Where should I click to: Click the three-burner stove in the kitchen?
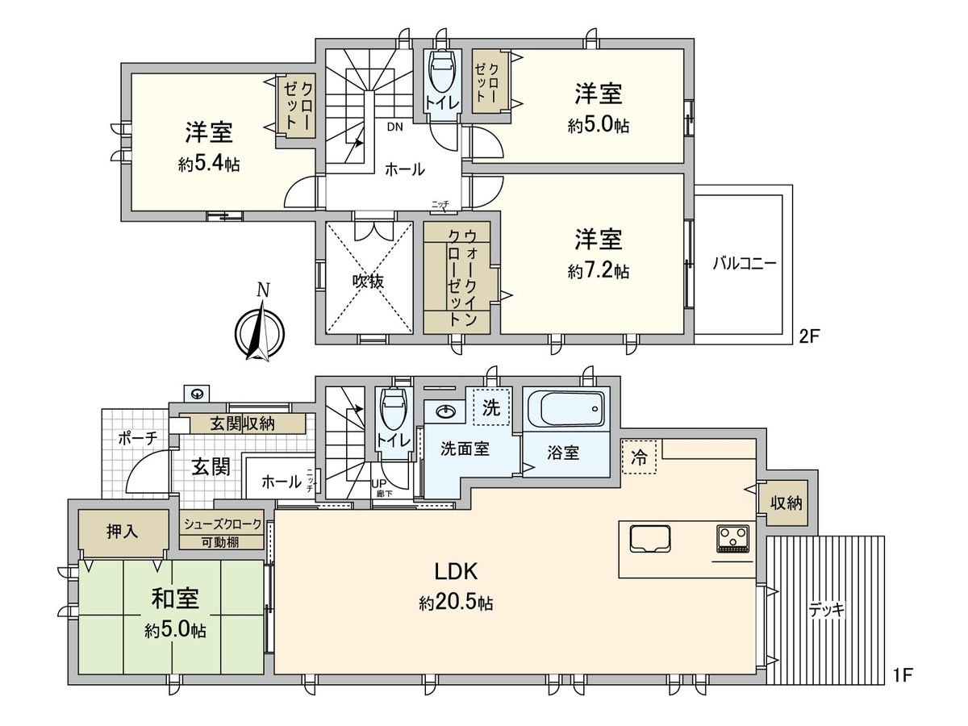733,537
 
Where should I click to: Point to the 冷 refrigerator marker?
639,457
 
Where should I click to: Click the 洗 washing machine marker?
490,408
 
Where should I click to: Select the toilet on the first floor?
393,411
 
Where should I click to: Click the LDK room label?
457,572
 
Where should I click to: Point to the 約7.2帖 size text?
598,273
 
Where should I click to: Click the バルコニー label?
744,263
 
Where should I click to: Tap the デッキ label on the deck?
826,610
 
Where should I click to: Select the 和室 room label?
175,599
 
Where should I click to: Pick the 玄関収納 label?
242,423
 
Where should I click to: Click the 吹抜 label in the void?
368,282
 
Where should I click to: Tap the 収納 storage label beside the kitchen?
786,503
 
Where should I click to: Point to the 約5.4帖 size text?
209,165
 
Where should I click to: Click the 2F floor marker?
809,336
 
